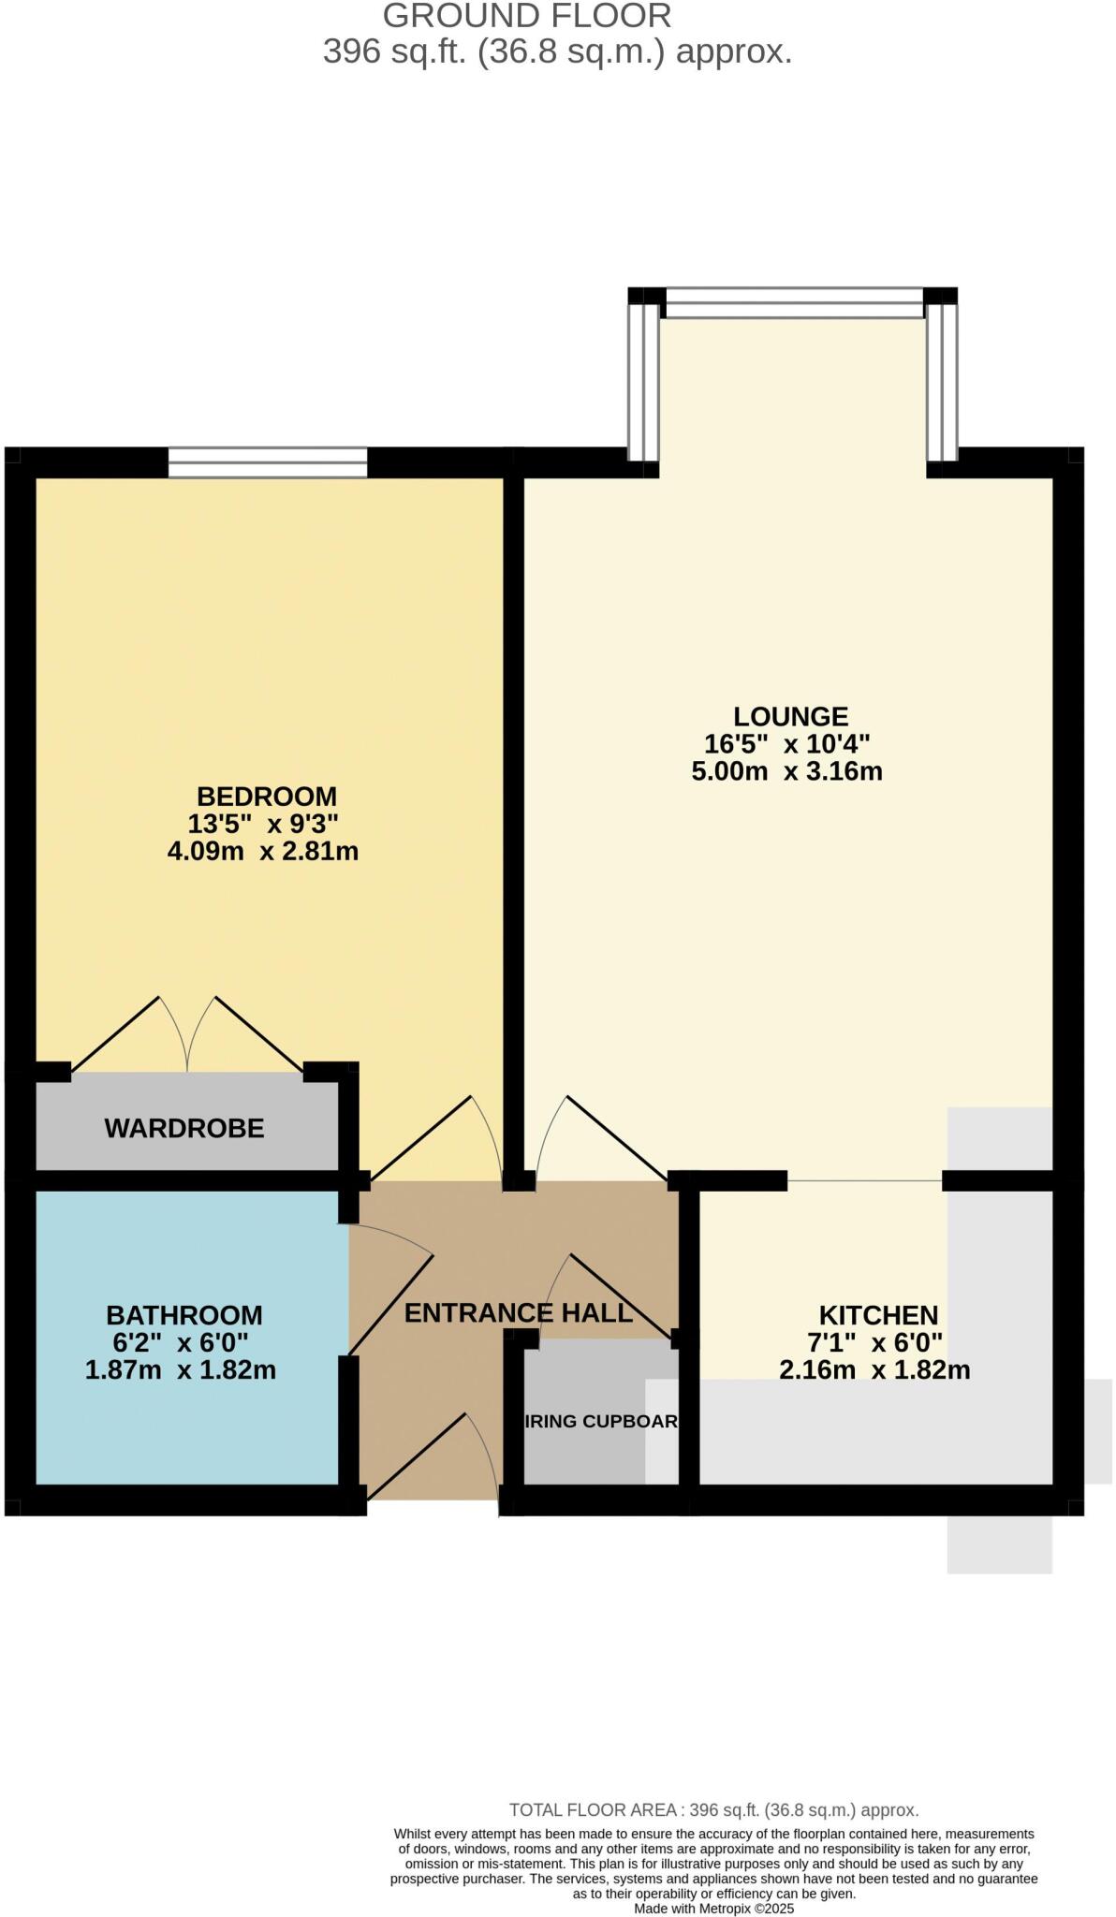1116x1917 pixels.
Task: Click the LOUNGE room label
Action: click(x=789, y=716)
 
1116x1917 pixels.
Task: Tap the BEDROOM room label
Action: click(x=266, y=797)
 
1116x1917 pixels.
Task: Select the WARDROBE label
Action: click(x=184, y=1128)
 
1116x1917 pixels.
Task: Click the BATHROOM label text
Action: click(x=184, y=1315)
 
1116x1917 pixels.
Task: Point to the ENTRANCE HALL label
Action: click(x=518, y=1312)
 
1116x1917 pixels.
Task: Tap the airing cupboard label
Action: click(x=599, y=1421)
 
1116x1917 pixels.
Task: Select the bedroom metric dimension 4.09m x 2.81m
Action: click(x=262, y=851)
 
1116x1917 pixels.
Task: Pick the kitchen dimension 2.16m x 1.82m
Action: click(x=874, y=1370)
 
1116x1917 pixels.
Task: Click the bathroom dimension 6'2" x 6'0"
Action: click(x=180, y=1342)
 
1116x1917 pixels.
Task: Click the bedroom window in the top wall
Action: click(x=268, y=462)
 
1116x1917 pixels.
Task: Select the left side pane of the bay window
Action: click(x=642, y=382)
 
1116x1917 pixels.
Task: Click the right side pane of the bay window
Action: click(x=942, y=382)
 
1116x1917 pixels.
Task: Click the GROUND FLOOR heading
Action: click(x=527, y=16)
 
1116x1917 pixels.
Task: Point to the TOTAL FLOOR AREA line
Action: click(x=713, y=1810)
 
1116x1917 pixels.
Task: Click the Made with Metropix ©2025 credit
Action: click(x=713, y=1908)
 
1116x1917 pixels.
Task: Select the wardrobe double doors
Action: click(x=187, y=1034)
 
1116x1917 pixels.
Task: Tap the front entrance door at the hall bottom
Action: click(x=433, y=1456)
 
